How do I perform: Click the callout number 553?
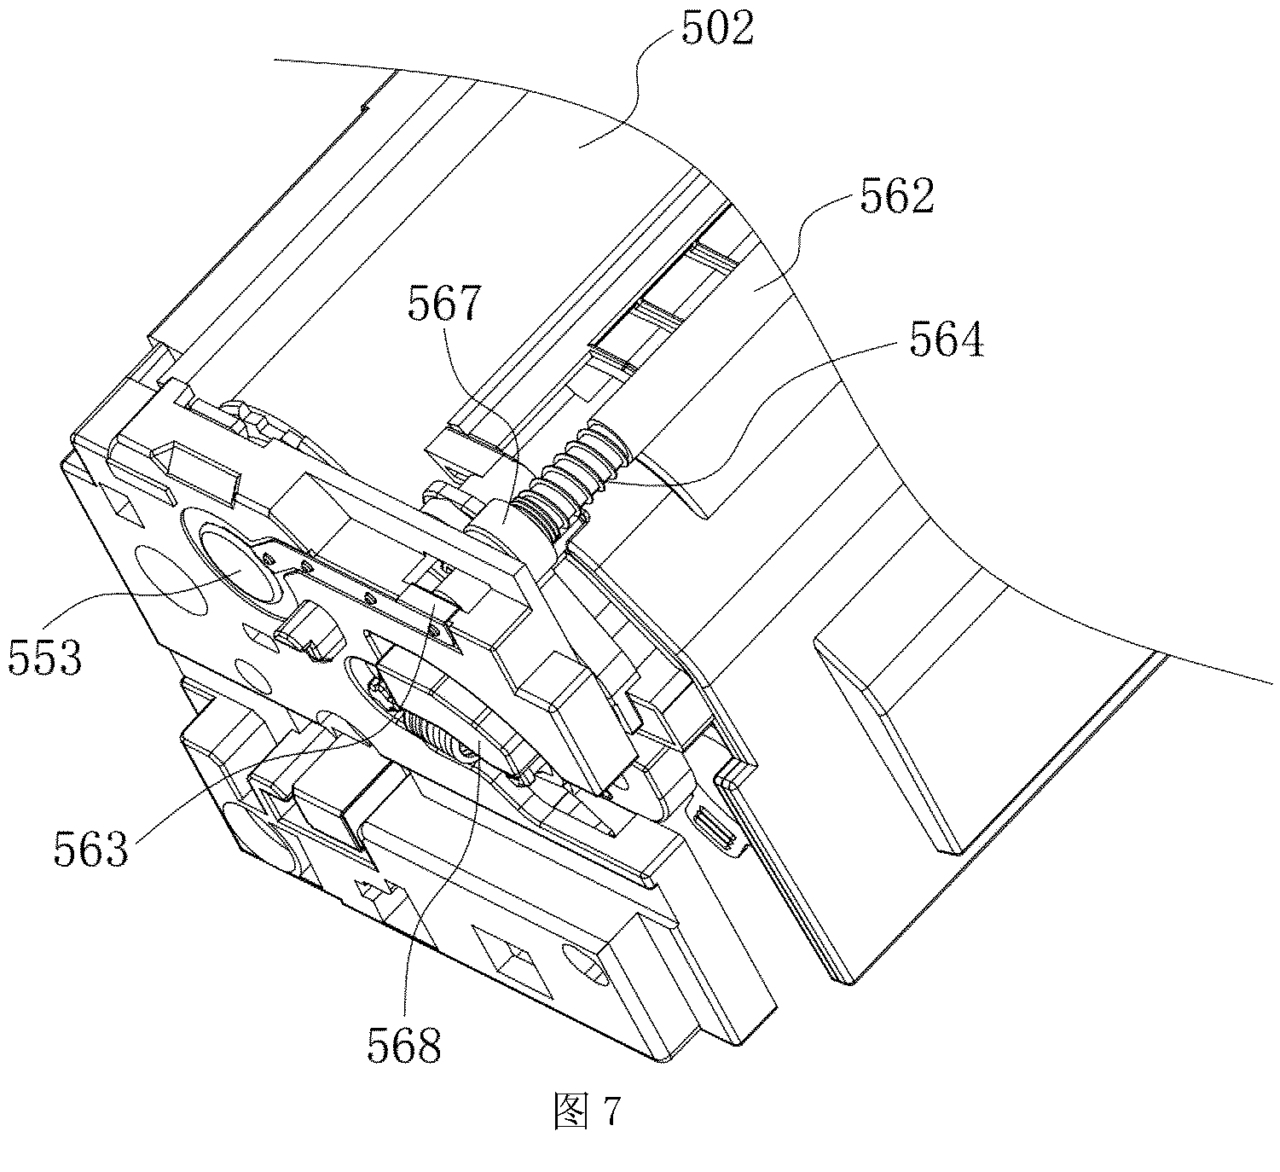pos(45,657)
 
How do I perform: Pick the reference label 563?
pos(91,848)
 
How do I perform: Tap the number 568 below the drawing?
pos(404,1044)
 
